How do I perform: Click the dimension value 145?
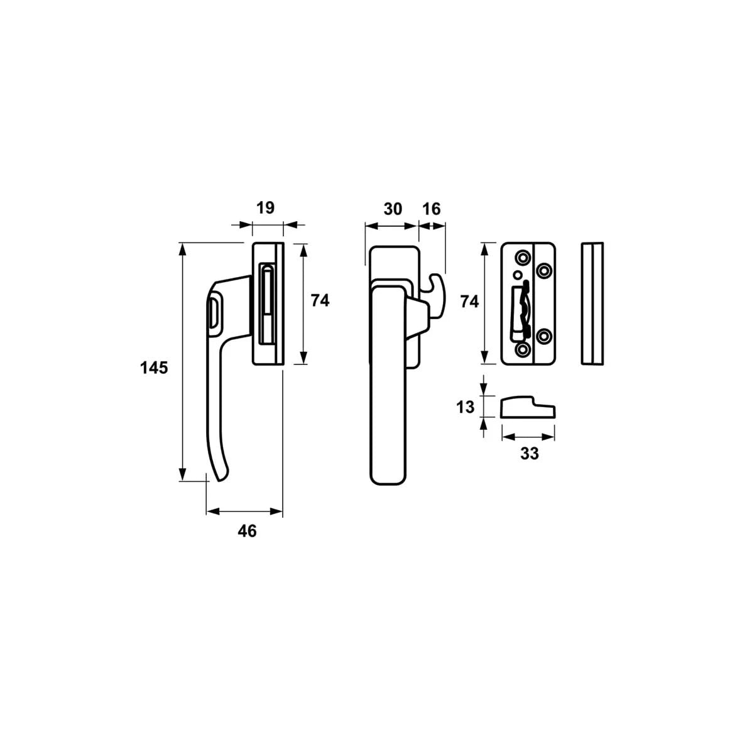coord(154,368)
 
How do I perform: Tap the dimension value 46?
coord(247,531)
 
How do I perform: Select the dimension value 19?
coord(266,207)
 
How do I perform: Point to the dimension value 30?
coord(392,209)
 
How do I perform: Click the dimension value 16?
coord(431,209)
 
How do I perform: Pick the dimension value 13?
coord(465,407)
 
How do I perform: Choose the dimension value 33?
coord(530,454)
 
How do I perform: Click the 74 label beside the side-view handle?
coord(320,300)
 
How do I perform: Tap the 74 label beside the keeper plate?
coord(469,302)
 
